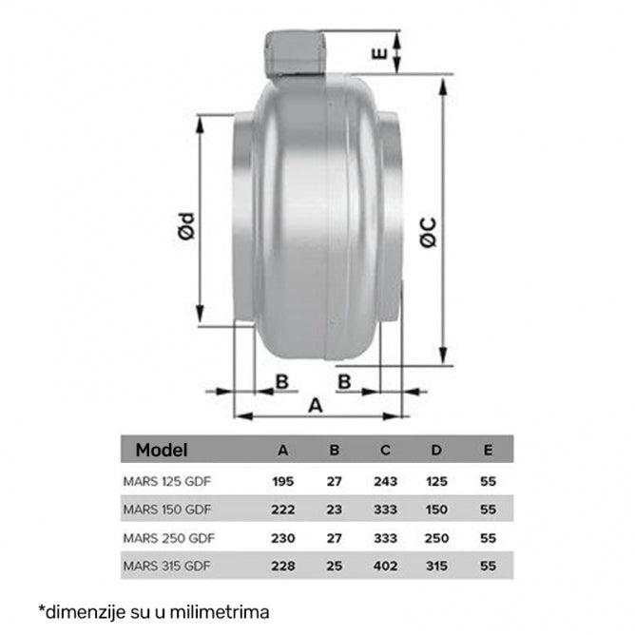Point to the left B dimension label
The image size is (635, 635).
282,381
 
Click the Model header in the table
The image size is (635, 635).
162,450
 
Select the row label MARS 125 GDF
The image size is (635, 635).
167,482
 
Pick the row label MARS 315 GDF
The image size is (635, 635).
167,568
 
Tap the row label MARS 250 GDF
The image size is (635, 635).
167,539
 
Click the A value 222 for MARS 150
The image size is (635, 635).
282,510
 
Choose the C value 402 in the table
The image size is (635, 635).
385,568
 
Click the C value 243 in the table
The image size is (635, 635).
385,482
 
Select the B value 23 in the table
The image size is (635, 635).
334,510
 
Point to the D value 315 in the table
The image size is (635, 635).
436,568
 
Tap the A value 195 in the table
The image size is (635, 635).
282,482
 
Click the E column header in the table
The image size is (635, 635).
488,450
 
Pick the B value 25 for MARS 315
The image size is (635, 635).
334,568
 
